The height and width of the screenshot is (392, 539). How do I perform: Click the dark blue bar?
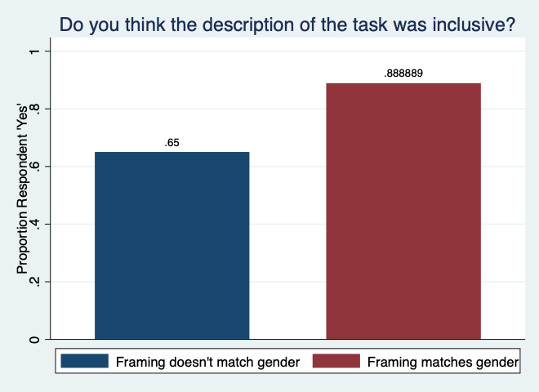coord(171,246)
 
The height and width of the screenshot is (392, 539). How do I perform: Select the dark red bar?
coord(403,212)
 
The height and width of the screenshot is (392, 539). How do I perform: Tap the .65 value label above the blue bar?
coord(171,143)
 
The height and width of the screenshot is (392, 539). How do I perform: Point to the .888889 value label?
coord(403,73)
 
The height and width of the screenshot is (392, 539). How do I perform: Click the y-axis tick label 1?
coord(34,51)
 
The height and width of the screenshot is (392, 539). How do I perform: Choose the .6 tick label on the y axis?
coord(34,167)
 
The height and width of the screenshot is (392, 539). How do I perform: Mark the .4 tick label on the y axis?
coord(34,225)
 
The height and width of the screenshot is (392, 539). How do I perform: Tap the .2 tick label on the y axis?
coord(34,283)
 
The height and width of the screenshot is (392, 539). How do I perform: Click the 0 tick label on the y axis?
coord(34,340)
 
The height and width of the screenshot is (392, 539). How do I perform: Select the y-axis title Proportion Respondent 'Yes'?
coord(22,189)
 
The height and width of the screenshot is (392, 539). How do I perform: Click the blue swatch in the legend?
coord(85,361)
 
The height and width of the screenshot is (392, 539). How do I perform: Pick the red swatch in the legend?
coord(336,361)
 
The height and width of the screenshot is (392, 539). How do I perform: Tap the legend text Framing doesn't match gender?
coord(207,362)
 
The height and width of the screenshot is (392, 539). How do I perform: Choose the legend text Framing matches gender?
coord(443,362)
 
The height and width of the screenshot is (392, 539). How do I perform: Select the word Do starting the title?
coord(72,24)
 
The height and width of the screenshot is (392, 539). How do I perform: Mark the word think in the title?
coord(145,24)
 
